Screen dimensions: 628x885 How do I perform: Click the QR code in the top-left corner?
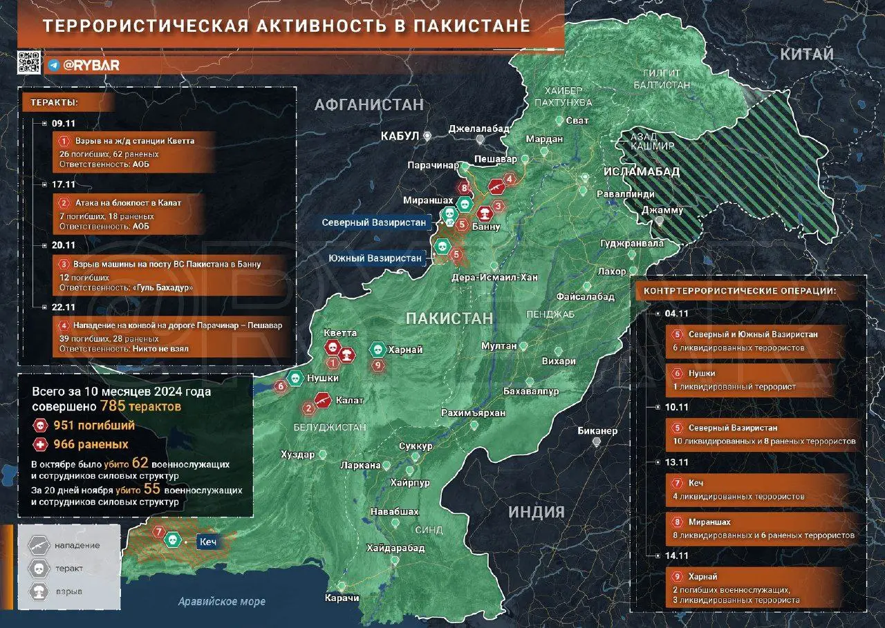tap(29, 62)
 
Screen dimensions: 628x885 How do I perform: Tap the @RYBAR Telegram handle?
tap(91, 66)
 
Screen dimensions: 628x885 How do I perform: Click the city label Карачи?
tap(344, 598)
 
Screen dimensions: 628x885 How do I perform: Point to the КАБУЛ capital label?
tap(400, 136)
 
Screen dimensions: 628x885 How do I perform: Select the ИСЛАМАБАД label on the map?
tap(641, 171)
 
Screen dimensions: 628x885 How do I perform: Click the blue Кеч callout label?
tap(209, 542)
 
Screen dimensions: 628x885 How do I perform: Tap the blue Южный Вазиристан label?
tap(376, 258)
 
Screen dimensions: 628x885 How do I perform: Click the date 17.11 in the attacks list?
tap(62, 184)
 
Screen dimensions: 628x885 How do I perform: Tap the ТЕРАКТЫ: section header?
tap(54, 103)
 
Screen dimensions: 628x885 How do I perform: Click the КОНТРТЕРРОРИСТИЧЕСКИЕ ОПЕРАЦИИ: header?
tap(740, 291)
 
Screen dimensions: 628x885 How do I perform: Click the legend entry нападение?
tap(77, 546)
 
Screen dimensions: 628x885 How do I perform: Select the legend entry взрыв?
tap(69, 592)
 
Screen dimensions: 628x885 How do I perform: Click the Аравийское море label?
tap(221, 602)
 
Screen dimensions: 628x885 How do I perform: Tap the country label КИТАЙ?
tap(807, 55)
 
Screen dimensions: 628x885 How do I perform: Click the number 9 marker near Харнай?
tap(378, 366)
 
